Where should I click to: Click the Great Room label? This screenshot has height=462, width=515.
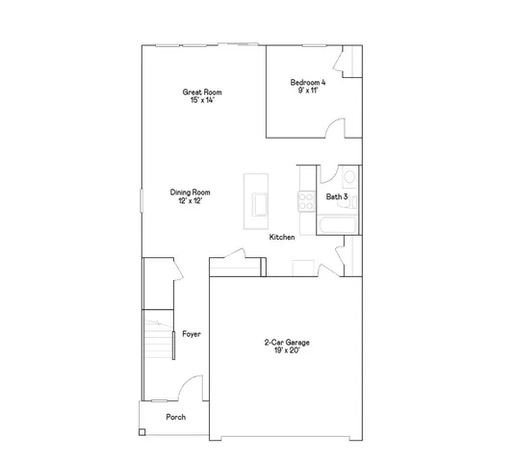(197, 92)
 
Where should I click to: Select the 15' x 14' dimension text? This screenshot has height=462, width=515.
(197, 100)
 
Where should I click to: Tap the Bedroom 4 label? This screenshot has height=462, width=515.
(308, 83)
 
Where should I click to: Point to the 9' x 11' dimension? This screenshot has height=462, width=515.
(308, 90)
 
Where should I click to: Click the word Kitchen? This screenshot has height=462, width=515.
(281, 237)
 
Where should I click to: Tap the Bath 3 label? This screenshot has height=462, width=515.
(336, 196)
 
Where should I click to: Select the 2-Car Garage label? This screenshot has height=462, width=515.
(286, 342)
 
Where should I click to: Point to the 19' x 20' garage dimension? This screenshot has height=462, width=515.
(286, 350)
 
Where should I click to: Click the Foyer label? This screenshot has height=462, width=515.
(191, 334)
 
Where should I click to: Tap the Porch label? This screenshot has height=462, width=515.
(174, 417)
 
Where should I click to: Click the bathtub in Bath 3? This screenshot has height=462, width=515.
(336, 225)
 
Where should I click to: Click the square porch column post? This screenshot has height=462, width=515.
(142, 432)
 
